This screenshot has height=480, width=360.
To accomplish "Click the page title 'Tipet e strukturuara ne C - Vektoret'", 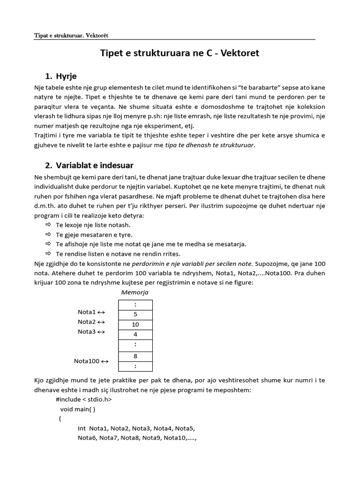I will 180,53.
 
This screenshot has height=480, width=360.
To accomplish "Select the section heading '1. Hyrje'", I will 61,76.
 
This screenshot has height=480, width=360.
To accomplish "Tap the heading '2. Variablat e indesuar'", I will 89,165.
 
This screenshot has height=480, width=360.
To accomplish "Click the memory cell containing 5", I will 135,315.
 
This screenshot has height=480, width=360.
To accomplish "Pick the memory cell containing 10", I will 135,324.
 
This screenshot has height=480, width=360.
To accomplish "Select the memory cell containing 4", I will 135,335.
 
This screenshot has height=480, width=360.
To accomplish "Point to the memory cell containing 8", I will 135,356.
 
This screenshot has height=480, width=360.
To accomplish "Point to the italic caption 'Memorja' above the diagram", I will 135,292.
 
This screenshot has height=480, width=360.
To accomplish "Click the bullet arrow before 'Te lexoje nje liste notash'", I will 48,225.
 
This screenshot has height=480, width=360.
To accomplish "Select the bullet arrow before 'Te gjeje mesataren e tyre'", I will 48,234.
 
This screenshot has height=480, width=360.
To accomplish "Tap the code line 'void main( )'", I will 78,409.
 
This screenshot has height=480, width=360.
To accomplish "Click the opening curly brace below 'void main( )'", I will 60,419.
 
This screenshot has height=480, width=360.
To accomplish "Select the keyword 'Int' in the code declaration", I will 82,428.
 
